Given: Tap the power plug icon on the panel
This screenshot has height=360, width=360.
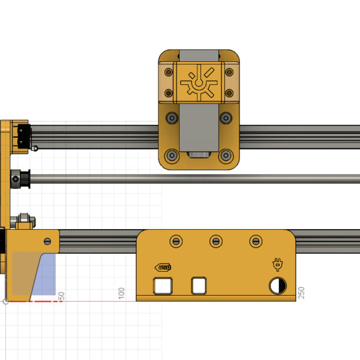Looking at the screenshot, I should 277,265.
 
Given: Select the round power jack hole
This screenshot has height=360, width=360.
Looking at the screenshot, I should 278,286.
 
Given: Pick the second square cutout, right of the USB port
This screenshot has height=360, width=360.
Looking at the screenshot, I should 200,286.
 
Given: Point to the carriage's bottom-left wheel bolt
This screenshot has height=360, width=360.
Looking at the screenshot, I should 171,156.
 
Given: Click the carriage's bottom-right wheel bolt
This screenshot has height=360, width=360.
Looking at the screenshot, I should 226,156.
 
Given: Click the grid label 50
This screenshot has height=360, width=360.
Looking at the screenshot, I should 61,295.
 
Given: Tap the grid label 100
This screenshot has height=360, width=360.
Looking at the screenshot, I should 121,293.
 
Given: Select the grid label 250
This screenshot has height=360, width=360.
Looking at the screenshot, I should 301,293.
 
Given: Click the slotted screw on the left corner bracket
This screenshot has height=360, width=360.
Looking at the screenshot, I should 47,240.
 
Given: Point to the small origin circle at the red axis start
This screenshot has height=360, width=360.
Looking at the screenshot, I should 6,301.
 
